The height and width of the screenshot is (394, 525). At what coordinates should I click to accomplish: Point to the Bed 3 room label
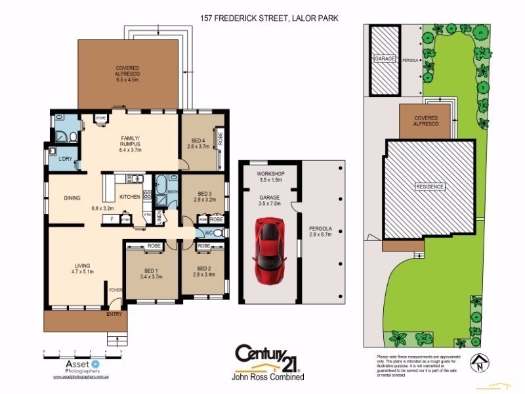click(x=204, y=197)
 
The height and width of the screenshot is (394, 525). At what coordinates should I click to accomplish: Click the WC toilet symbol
click(x=219, y=233)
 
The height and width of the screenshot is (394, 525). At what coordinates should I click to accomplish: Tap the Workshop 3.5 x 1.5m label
click(x=269, y=175)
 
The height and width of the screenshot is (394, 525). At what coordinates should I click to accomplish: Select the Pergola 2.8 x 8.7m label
click(x=321, y=232)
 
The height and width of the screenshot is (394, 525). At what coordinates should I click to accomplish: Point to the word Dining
click(x=72, y=197)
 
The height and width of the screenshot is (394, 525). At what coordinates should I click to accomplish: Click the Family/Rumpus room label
click(x=131, y=143)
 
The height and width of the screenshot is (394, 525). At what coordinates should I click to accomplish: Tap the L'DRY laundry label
click(x=65, y=160)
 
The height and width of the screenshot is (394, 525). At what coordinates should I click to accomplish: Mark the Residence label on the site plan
click(x=429, y=186)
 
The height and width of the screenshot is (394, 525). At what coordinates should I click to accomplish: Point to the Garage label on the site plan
click(x=385, y=58)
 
